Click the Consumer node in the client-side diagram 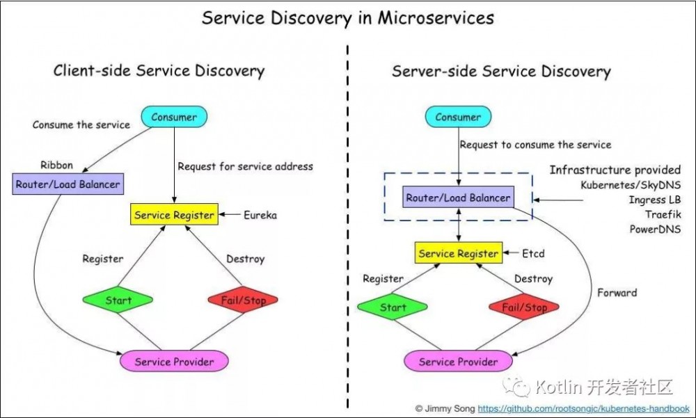(174, 118)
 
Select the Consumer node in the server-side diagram (458, 117)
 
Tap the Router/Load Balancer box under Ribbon (68, 184)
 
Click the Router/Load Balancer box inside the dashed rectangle (458, 198)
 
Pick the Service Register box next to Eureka (174, 215)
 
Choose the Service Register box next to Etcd (458, 254)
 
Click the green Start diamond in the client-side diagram (118, 300)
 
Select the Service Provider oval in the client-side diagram (174, 361)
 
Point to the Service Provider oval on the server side (458, 361)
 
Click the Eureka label (260, 216)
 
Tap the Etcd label (533, 254)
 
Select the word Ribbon (57, 166)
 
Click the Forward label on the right (617, 293)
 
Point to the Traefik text (663, 215)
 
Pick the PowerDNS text (655, 230)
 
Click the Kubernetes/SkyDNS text (631, 186)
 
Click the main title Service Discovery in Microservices (347, 18)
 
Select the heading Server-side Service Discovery (501, 72)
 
